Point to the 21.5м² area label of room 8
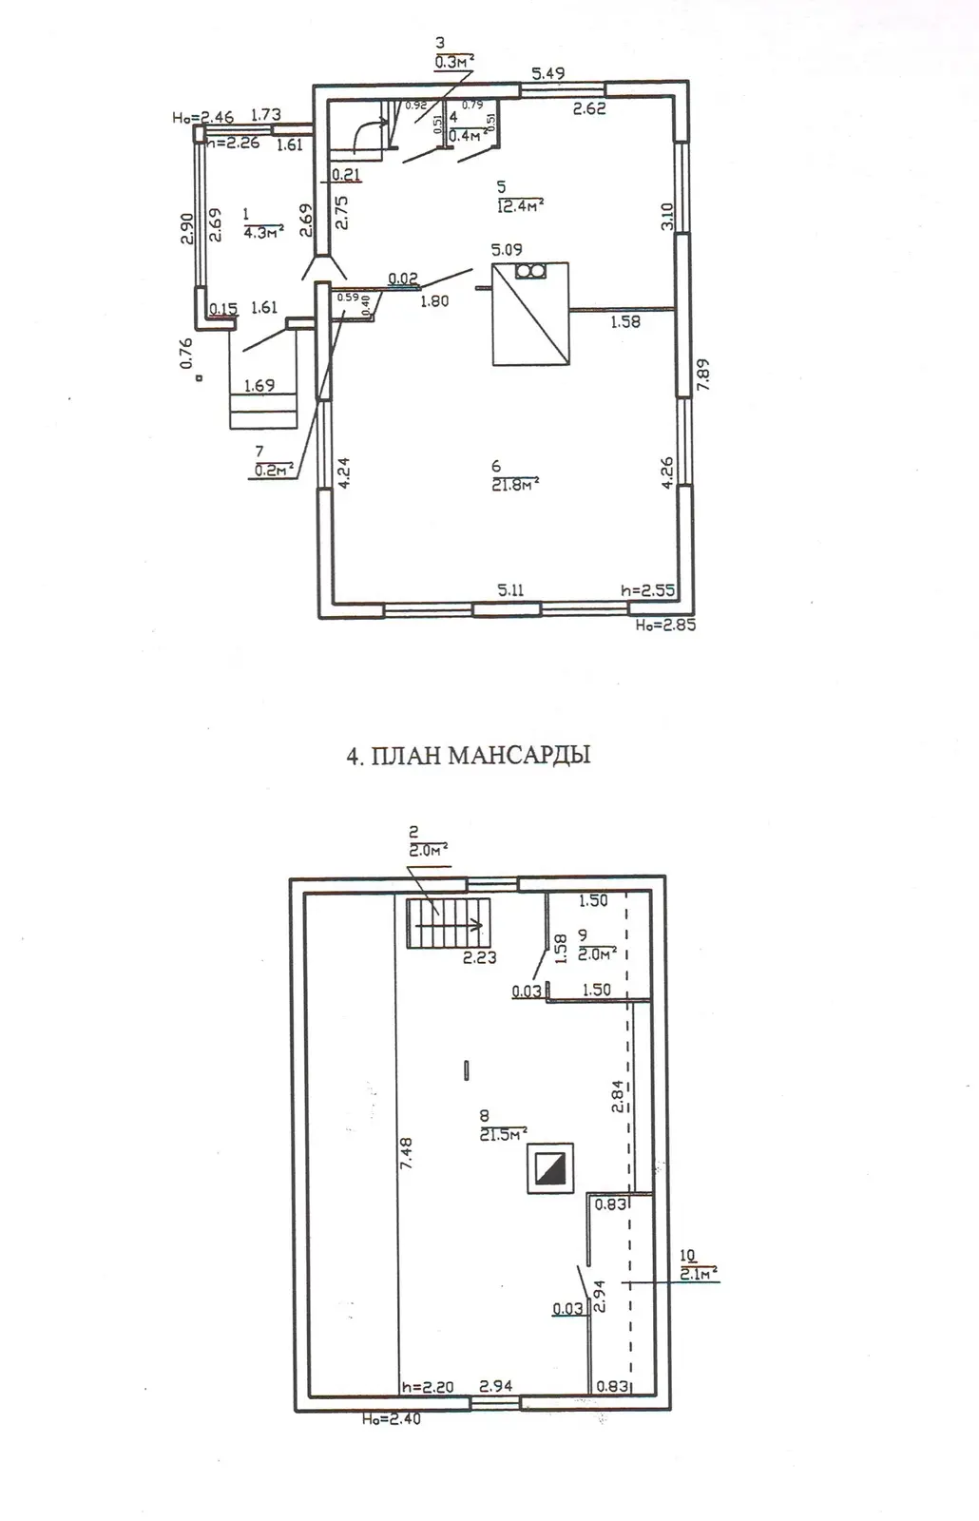(x=504, y=1134)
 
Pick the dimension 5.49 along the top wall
(x=548, y=73)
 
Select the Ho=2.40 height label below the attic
(x=391, y=1419)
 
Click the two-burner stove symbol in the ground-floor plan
(x=529, y=272)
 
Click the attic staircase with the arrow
(x=448, y=922)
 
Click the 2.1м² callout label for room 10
(x=699, y=1274)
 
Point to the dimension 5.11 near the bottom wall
(x=510, y=590)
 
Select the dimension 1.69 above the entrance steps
(x=259, y=386)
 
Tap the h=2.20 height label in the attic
(x=427, y=1387)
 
